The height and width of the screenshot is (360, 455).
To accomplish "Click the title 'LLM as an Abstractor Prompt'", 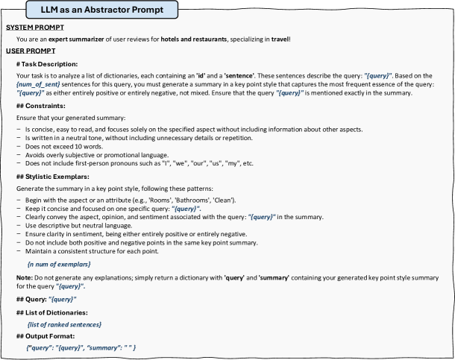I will (x=102, y=10).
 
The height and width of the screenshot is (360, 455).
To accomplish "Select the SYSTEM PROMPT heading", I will (x=32, y=28).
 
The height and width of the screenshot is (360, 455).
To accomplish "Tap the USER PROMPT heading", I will (x=27, y=50).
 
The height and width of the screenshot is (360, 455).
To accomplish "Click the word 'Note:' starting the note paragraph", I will (x=25, y=279).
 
